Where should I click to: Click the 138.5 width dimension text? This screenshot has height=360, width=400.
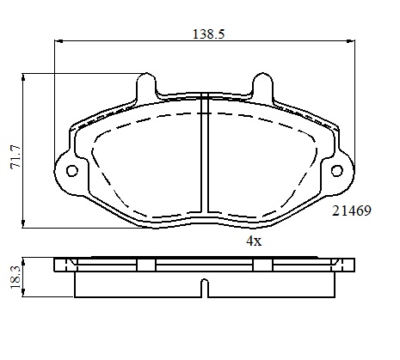pos(208,34)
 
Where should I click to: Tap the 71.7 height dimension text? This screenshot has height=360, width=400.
pos(15,157)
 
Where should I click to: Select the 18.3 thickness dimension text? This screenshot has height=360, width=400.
pos(15,278)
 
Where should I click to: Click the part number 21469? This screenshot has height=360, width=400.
pos(352,211)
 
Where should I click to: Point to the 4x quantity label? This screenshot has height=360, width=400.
pos(254,241)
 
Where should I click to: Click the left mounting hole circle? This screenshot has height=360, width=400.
pos(72,171)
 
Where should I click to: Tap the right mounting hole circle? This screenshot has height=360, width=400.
pos(337,171)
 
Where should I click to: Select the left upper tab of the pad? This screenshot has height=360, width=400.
pos(146,85)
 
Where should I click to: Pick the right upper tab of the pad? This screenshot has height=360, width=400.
pos(262,85)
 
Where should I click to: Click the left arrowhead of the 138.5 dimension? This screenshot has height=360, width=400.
pos(58,41)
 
